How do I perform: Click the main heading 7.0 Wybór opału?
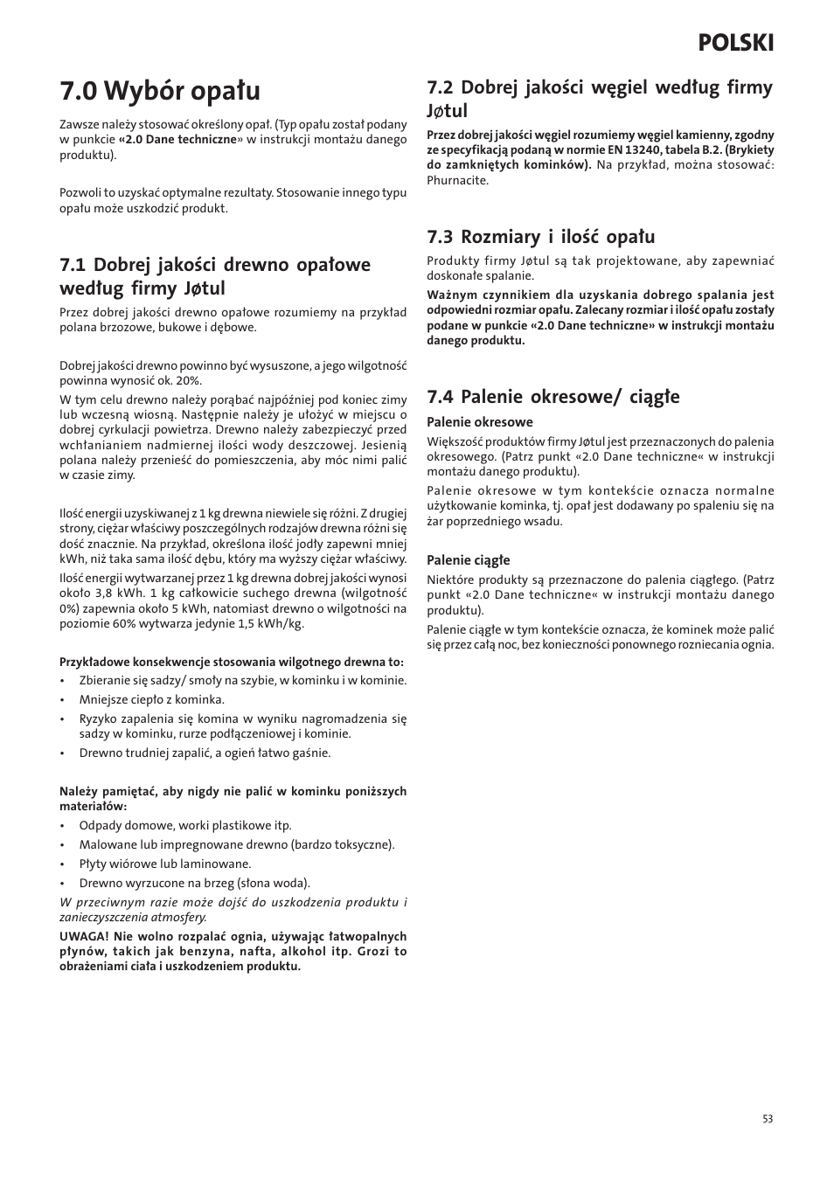tap(160, 90)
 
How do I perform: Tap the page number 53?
tap(768, 1119)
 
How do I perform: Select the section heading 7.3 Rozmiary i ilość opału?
tap(540, 237)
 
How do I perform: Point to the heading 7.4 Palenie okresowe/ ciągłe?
tap(553, 397)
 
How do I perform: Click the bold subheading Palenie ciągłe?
tap(468, 560)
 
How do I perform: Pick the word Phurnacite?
tap(457, 181)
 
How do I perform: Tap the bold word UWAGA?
tap(84, 936)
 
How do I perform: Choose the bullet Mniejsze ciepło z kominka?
tap(151, 699)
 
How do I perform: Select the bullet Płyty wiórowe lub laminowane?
tap(164, 864)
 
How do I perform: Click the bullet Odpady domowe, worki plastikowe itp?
tap(184, 825)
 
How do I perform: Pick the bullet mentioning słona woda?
tap(194, 883)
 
